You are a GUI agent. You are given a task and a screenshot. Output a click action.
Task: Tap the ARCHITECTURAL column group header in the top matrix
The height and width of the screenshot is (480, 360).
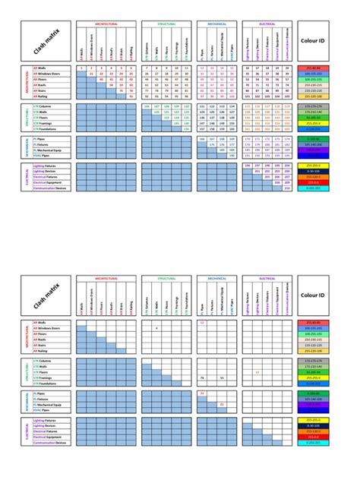tap(106, 24)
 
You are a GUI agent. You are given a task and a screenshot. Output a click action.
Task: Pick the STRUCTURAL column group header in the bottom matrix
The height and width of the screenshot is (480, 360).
tap(165, 279)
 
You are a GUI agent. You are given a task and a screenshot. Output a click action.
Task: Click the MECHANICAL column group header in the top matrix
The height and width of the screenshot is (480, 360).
tap(216, 24)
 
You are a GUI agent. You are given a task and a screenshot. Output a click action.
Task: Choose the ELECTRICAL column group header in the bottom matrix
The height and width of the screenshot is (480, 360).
tap(267, 279)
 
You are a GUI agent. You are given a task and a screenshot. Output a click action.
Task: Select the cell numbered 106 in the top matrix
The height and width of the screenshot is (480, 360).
tap(146, 107)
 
